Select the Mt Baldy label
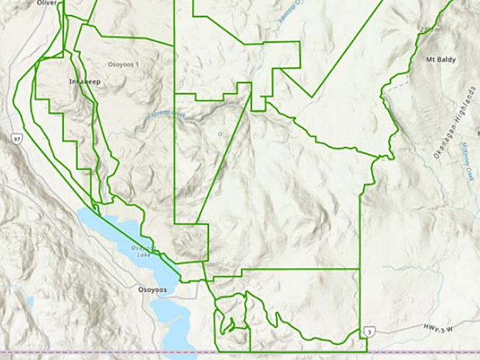[x=440, y=59]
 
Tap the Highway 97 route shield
[x=15, y=138]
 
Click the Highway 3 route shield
[x=369, y=331]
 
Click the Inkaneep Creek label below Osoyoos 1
[x=160, y=118]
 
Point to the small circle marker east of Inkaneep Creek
[x=220, y=134]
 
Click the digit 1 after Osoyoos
[x=137, y=65]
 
